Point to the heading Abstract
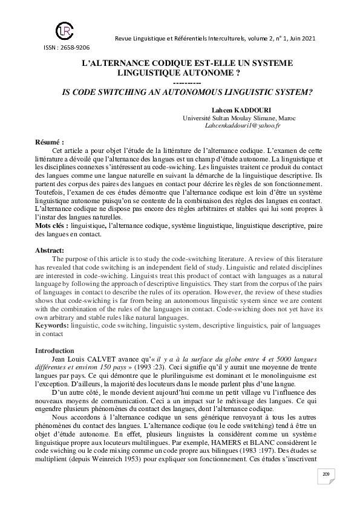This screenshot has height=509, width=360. [50, 249]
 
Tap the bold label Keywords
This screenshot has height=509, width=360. [52, 325]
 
